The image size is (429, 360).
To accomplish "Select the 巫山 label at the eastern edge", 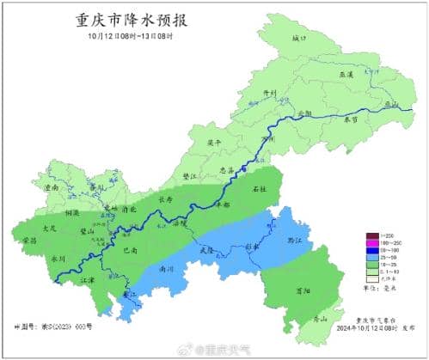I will tap(392, 104).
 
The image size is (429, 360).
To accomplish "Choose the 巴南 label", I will tap(130, 250).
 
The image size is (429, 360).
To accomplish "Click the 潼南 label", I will tap(52, 186).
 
